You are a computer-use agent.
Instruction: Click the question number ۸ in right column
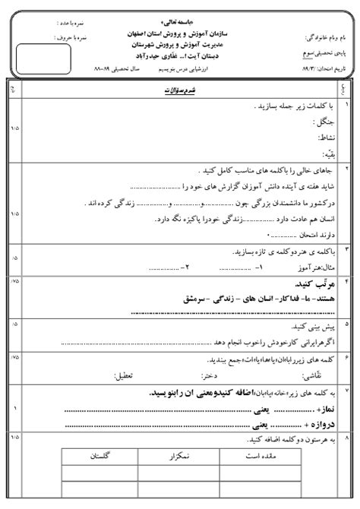[347, 438]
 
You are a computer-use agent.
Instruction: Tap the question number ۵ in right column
[347, 324]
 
